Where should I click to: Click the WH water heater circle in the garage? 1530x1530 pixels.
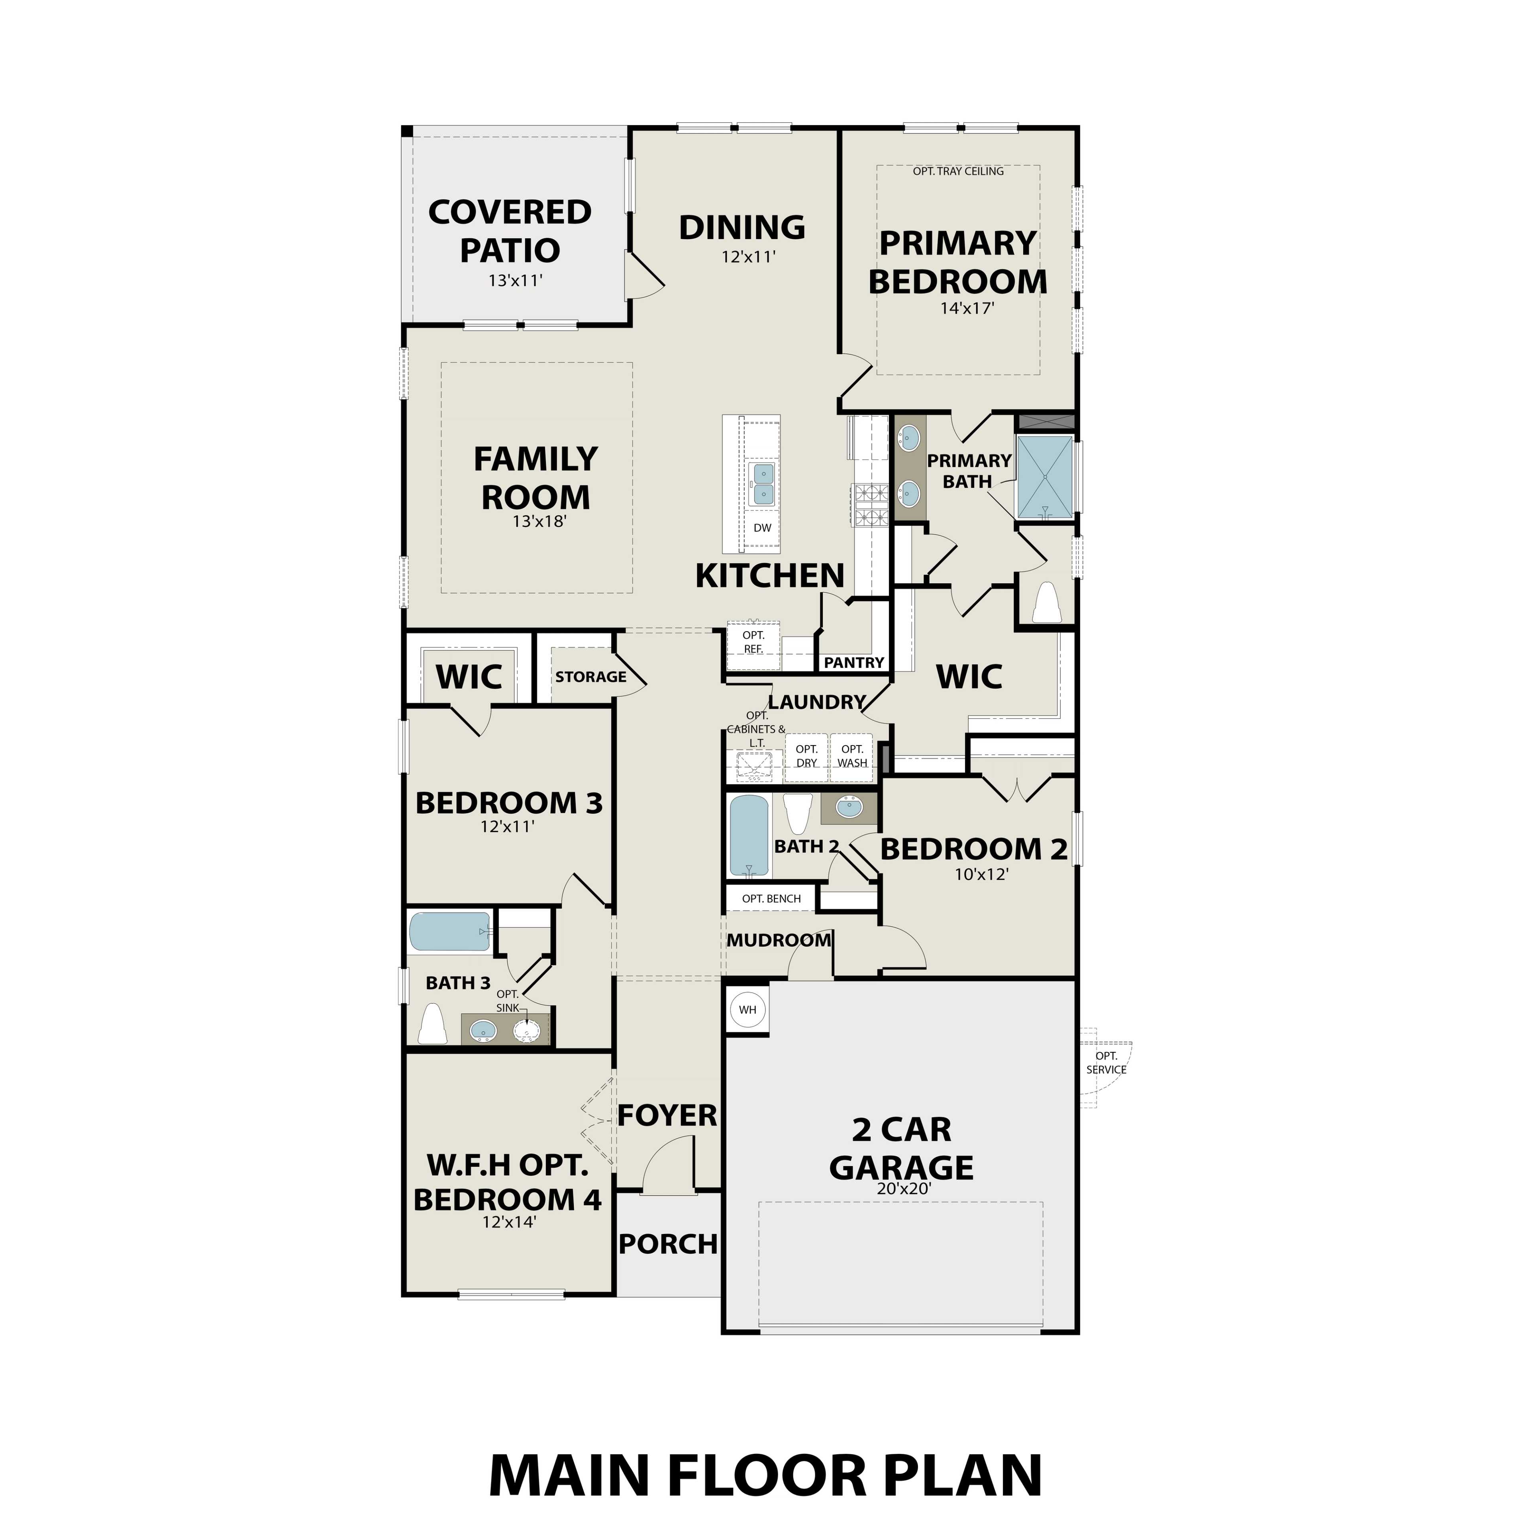tap(747, 1010)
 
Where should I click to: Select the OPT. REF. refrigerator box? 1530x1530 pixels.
tap(753, 642)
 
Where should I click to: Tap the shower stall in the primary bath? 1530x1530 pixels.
tap(1045, 478)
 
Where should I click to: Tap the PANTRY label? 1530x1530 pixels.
tap(854, 663)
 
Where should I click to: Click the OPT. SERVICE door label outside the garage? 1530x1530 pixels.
tap(1106, 1063)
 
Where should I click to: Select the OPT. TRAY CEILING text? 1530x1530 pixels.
tap(958, 171)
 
